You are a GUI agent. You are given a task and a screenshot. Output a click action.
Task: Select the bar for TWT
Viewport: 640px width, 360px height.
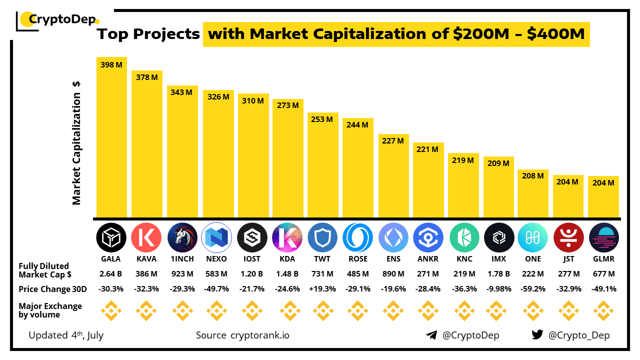click(323, 165)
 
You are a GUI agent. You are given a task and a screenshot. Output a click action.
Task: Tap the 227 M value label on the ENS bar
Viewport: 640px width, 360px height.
click(393, 141)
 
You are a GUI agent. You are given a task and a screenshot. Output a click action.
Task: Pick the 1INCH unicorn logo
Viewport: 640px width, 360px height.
click(182, 237)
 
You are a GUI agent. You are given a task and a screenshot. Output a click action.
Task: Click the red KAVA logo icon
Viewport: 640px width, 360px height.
click(146, 237)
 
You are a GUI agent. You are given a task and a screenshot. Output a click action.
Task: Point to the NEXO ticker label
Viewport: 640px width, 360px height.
click(217, 259)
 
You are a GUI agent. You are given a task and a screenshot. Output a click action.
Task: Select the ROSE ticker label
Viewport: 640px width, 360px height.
click(358, 259)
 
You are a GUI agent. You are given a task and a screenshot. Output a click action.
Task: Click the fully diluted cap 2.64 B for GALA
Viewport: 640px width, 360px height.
click(111, 274)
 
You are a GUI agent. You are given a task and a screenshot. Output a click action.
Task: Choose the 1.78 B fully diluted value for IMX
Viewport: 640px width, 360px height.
click(499, 274)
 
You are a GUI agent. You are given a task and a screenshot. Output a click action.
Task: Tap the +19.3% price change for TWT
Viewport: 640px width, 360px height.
click(322, 289)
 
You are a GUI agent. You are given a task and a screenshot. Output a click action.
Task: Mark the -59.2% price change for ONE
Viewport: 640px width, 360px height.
click(533, 289)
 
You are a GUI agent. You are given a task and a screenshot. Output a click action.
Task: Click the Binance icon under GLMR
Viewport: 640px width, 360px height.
click(603, 311)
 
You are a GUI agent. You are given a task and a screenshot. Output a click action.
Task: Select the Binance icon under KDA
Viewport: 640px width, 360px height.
click(287, 311)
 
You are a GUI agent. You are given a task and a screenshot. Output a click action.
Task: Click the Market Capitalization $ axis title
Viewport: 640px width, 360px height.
click(76, 143)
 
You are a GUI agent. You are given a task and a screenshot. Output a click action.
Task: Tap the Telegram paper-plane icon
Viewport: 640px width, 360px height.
click(431, 335)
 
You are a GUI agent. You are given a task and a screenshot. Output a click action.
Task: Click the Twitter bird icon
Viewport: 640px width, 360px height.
click(537, 335)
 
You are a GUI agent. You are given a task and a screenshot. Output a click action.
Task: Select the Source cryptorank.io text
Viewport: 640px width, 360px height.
click(242, 335)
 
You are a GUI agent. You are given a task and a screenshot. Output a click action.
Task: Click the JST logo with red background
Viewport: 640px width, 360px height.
click(568, 237)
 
